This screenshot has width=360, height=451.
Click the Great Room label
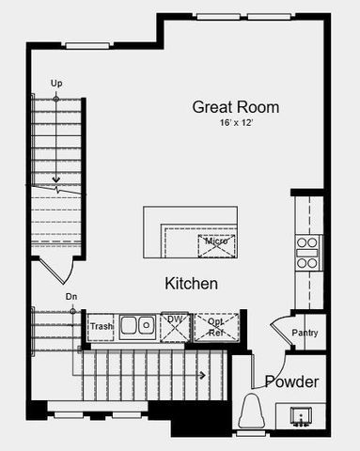coord(235,107)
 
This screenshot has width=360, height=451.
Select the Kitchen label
coord(192,283)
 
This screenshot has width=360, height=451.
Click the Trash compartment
coord(101,326)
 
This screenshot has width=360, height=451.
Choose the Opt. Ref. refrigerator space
coord(215,326)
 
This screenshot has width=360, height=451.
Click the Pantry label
coord(305,333)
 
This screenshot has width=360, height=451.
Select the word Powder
coord(290,382)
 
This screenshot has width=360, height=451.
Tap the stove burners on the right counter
coord(307,253)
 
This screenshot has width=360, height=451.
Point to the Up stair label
coord(56,84)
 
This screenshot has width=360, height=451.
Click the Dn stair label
coord(70,297)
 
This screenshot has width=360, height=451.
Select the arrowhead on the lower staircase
coord(201,375)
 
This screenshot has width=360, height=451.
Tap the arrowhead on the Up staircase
coord(56,178)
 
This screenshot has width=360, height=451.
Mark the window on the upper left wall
coord(88,44)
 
